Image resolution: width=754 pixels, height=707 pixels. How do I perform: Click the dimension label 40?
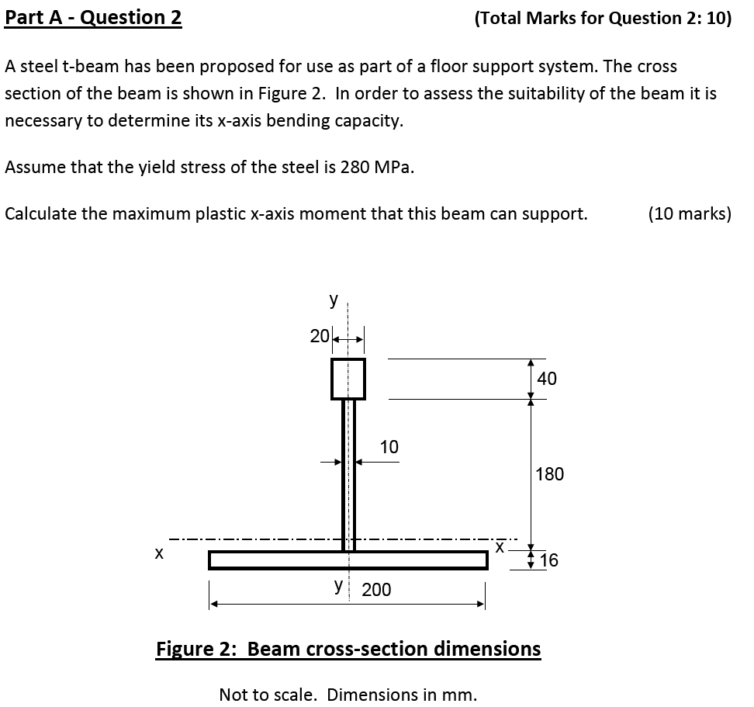(x=546, y=379)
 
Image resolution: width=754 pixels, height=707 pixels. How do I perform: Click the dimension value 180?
(x=549, y=473)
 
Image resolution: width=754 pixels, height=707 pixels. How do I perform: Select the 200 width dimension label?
(x=377, y=590)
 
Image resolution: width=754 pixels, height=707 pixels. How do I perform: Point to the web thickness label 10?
(x=389, y=447)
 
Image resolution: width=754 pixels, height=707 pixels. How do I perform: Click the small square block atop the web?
(x=348, y=379)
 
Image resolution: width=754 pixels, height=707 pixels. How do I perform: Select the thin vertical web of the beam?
(x=348, y=473)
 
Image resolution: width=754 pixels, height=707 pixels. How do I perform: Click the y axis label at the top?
(x=334, y=300)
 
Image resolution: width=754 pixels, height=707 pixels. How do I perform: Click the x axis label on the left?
(x=158, y=553)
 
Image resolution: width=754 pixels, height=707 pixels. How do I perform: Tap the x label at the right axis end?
(x=500, y=548)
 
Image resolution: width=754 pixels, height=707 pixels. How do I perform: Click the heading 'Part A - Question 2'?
(x=93, y=17)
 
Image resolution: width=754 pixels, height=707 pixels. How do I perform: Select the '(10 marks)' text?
(x=689, y=213)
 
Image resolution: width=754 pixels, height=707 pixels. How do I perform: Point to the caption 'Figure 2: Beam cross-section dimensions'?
(x=348, y=648)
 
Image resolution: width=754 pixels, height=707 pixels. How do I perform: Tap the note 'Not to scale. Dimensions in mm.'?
(x=348, y=694)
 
